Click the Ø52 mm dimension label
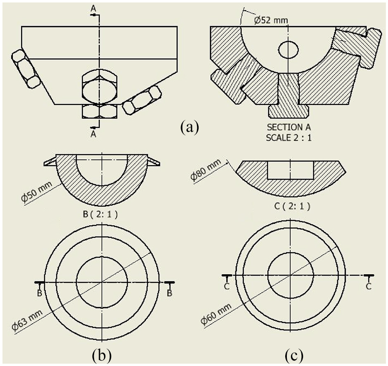click(x=271, y=20)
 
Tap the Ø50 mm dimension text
click(x=37, y=192)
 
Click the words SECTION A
click(x=289, y=127)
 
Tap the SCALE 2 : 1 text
click(x=289, y=138)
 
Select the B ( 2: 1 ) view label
click(x=100, y=214)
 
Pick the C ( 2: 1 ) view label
click(x=292, y=206)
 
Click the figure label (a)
click(x=190, y=127)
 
